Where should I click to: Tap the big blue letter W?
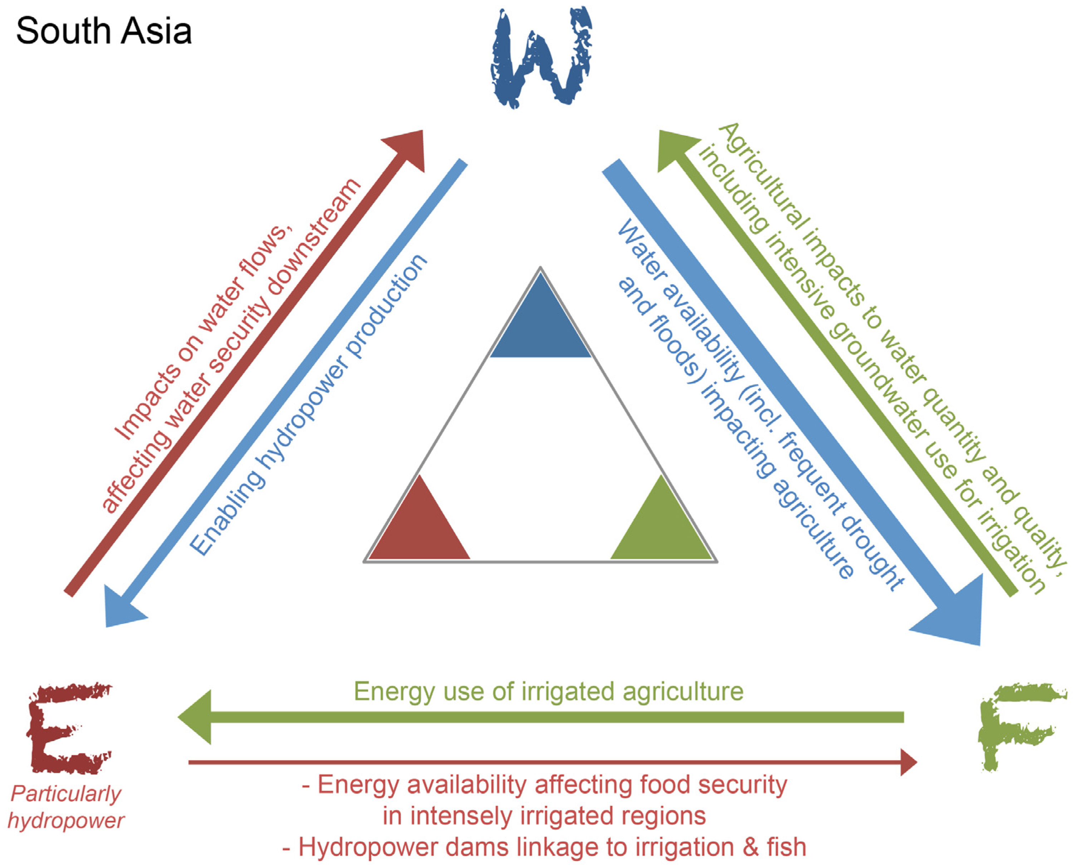pos(541,57)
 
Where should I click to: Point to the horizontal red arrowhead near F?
pos(908,762)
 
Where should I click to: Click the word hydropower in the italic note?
pos(66,821)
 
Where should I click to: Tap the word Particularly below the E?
pos(66,794)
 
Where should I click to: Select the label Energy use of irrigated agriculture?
pos(548,692)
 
